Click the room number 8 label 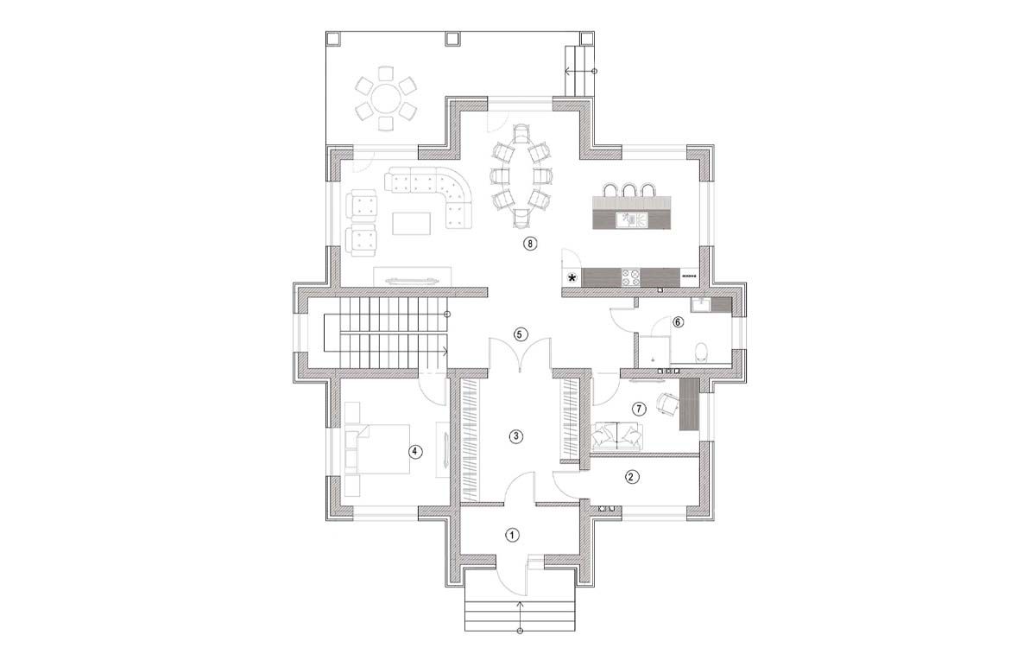(530, 244)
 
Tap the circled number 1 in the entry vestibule (512, 536)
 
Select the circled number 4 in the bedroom (415, 452)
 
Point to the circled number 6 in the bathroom (678, 322)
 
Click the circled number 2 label (632, 477)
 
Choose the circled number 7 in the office (639, 409)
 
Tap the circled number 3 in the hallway (515, 436)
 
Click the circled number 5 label (521, 334)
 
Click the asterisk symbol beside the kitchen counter (572, 278)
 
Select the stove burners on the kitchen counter (631, 277)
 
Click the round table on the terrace (386, 98)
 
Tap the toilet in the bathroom (702, 352)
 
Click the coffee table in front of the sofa (412, 224)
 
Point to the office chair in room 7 (666, 404)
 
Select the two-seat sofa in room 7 (616, 436)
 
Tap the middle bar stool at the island (629, 190)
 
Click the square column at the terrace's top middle (452, 39)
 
